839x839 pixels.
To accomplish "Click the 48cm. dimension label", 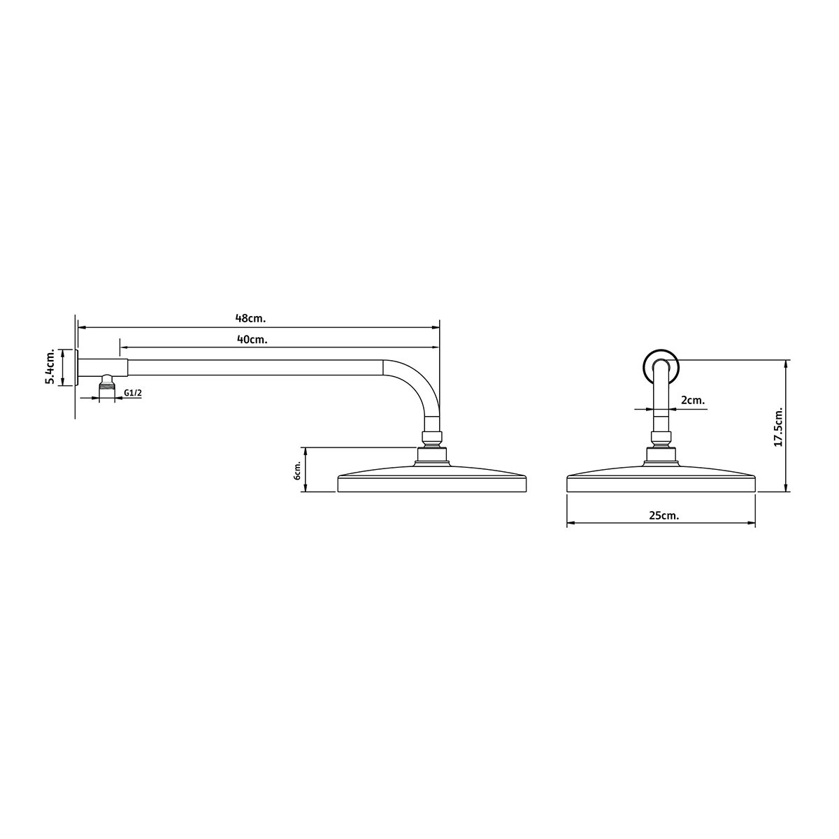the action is pos(250,318).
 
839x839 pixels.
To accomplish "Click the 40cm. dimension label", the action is pos(252,340).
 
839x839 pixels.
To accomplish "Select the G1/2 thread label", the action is pos(133,393).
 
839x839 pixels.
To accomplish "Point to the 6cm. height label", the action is pos(298,471).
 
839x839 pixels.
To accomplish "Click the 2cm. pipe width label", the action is pos(693,400).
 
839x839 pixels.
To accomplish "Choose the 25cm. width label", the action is pos(664,515).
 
